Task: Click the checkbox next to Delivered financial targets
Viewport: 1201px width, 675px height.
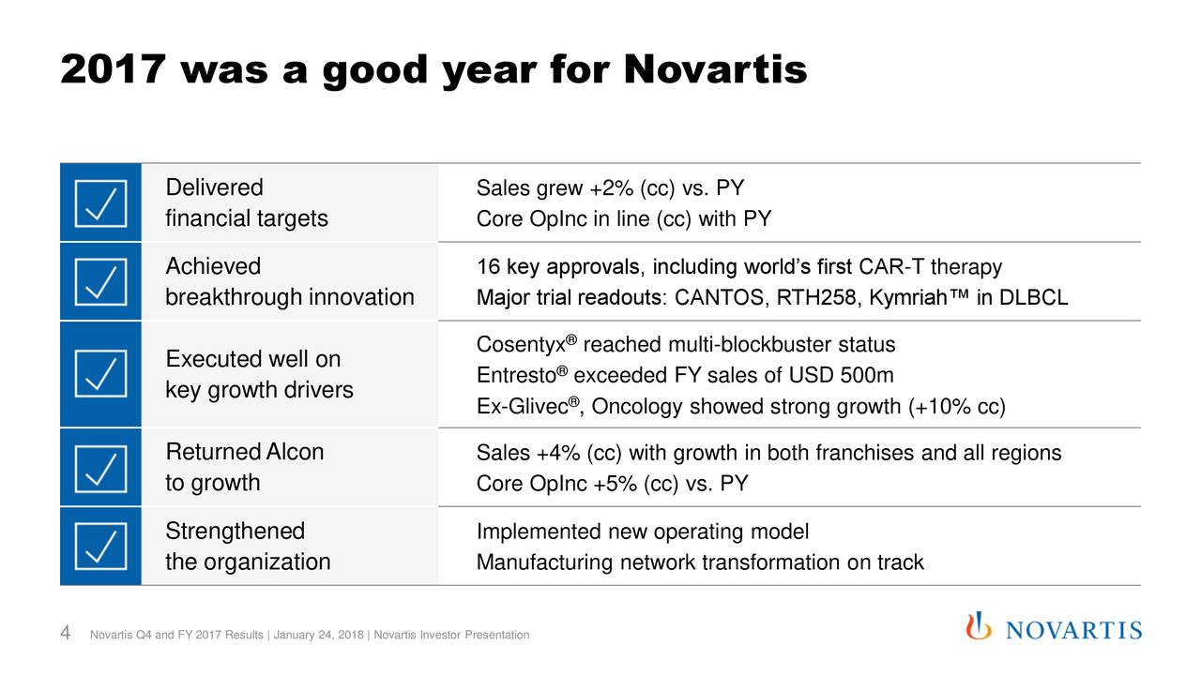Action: click(x=100, y=202)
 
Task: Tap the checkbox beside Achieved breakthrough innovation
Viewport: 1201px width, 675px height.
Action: click(x=100, y=281)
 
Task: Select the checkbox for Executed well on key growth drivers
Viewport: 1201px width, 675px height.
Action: click(x=100, y=373)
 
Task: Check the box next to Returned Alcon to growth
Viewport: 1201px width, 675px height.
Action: click(x=100, y=467)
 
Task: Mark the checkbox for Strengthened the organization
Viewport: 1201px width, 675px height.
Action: click(x=100, y=546)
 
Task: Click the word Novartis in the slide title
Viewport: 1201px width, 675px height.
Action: click(x=714, y=67)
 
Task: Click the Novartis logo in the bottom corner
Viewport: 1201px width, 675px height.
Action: click(x=1055, y=628)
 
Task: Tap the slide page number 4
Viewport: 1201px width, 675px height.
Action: click(x=67, y=635)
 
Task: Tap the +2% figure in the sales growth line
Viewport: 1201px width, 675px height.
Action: click(x=612, y=189)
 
